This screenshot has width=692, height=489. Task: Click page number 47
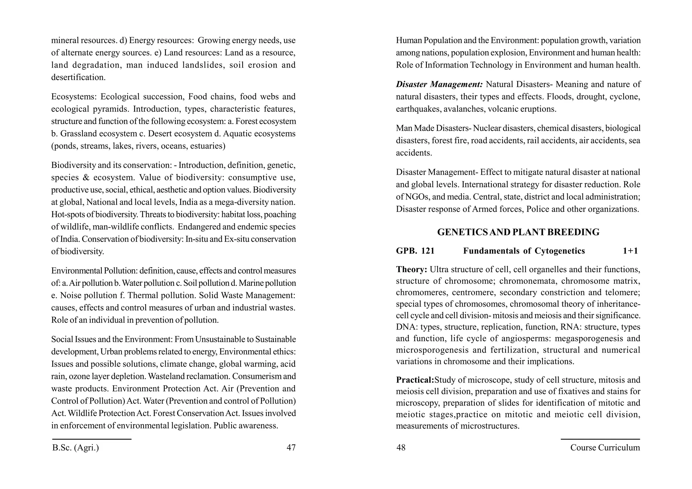pyautogui.click(x=291, y=447)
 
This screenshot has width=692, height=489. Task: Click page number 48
pyautogui.click(x=401, y=447)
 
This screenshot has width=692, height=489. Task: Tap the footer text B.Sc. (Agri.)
pyautogui.click(x=76, y=447)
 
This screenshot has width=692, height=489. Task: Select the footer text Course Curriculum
pyautogui.click(x=605, y=447)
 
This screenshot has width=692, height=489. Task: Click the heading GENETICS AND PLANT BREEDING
pyautogui.click(x=518, y=232)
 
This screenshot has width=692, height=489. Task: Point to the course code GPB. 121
pyautogui.click(x=415, y=251)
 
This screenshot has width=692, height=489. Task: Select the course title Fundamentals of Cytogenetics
pyautogui.click(x=524, y=251)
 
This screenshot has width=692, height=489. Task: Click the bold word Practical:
pyautogui.click(x=415, y=380)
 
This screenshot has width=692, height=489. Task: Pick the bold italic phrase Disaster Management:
pyautogui.click(x=439, y=84)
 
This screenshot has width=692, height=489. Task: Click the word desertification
pyautogui.click(x=78, y=77)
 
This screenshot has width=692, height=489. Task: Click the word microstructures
pyautogui.click(x=490, y=426)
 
